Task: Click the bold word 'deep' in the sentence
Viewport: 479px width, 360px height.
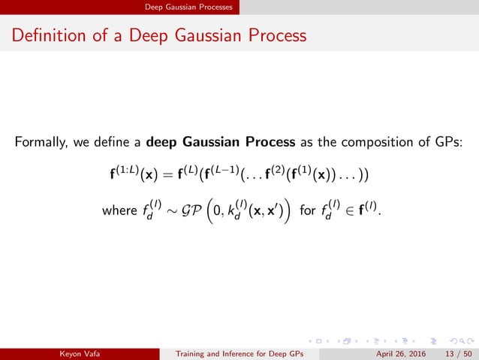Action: click(x=164, y=143)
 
